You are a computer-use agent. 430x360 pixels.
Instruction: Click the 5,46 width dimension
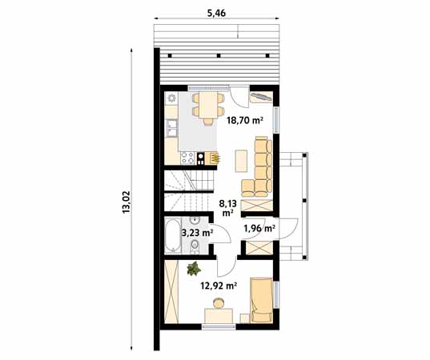(x=216, y=13)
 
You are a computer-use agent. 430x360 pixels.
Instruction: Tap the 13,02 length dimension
(x=127, y=202)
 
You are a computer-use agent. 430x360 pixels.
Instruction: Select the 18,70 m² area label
(x=245, y=120)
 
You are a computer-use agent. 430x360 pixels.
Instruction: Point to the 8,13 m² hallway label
(x=227, y=208)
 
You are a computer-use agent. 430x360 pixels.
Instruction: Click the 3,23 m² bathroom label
(x=198, y=233)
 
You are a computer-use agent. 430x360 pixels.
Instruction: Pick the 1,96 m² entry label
(x=259, y=228)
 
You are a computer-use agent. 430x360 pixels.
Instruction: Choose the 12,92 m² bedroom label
(x=219, y=286)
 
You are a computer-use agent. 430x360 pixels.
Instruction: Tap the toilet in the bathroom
(x=195, y=244)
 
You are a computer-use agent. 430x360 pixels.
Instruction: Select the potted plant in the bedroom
(x=194, y=269)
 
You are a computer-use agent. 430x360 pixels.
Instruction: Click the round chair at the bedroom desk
(x=219, y=303)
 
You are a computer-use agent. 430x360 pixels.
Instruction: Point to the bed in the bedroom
(x=262, y=300)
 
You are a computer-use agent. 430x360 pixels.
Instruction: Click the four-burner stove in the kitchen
(x=187, y=158)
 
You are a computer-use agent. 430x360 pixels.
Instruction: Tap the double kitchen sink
(x=171, y=128)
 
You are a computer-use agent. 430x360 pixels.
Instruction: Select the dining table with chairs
(x=208, y=108)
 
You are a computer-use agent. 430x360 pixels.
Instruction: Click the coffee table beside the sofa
(x=241, y=161)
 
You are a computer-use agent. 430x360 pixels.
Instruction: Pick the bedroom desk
(x=219, y=316)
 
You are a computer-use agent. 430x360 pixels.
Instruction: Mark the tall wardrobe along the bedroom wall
(x=171, y=291)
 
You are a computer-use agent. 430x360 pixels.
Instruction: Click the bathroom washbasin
(x=195, y=220)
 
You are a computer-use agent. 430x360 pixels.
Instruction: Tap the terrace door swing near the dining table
(x=239, y=97)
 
